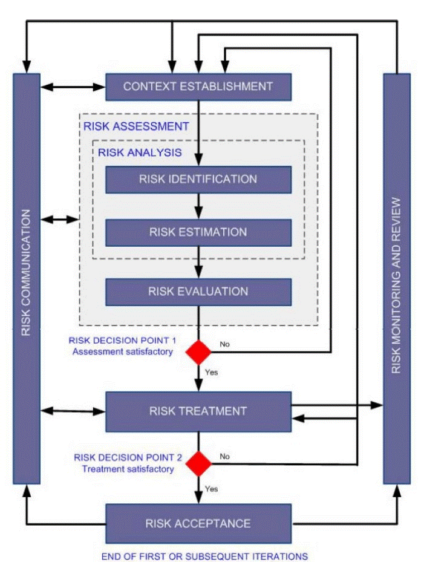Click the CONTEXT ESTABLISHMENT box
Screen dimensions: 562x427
[x=198, y=87]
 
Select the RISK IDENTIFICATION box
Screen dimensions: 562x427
[x=198, y=179]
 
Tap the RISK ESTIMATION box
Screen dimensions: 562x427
[x=198, y=232]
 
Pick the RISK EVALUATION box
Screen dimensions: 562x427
[x=198, y=292]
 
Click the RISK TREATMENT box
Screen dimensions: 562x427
[x=198, y=411]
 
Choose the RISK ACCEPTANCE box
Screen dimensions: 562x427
[x=198, y=523]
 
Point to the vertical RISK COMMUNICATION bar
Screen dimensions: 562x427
[x=27, y=278]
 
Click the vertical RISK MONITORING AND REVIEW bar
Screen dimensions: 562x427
[x=397, y=278]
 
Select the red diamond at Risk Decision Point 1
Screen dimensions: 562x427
[x=198, y=352]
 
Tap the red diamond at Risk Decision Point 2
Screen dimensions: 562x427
[x=198, y=464]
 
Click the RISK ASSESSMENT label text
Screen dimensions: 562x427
[x=136, y=126]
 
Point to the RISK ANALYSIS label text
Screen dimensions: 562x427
[x=140, y=152]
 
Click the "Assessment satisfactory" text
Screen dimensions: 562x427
[x=123, y=351]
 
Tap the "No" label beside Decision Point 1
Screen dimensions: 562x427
[x=225, y=344]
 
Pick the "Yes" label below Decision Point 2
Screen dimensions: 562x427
[x=211, y=489]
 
